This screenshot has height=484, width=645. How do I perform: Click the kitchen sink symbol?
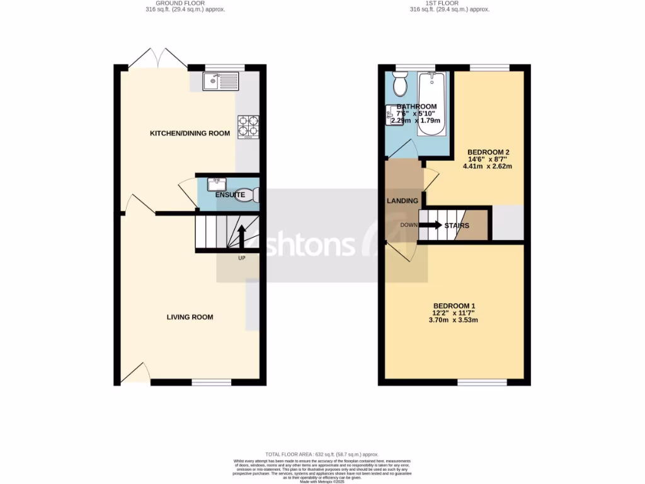220,81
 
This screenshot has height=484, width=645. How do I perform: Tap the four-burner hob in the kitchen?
247,126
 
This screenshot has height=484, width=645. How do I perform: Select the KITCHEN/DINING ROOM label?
190,134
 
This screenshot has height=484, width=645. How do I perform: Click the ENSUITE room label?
230,195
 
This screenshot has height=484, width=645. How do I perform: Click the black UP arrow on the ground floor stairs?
241,236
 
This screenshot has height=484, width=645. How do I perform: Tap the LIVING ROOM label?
190,317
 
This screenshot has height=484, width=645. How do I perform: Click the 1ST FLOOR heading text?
449,3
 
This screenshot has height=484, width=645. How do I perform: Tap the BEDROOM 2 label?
488,153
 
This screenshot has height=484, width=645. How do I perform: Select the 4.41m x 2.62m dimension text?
488,167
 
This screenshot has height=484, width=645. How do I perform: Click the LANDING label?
402,201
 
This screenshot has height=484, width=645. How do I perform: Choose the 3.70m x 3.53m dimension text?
454,320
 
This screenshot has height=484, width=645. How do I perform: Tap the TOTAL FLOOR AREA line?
321,454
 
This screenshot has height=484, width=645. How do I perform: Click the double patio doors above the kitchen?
157,58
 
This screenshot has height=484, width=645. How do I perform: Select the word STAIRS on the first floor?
457,226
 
